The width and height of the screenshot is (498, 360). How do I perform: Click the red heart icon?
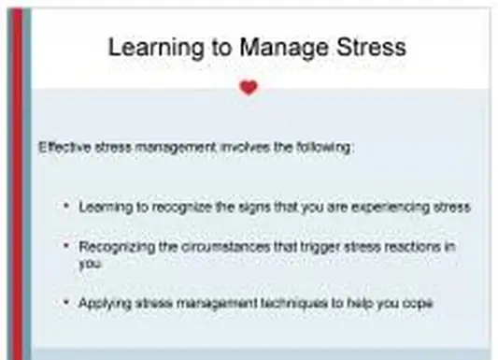click(x=248, y=88)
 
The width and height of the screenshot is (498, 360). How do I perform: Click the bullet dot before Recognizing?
click(x=66, y=246)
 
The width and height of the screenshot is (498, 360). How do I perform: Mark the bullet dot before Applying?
click(x=66, y=302)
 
